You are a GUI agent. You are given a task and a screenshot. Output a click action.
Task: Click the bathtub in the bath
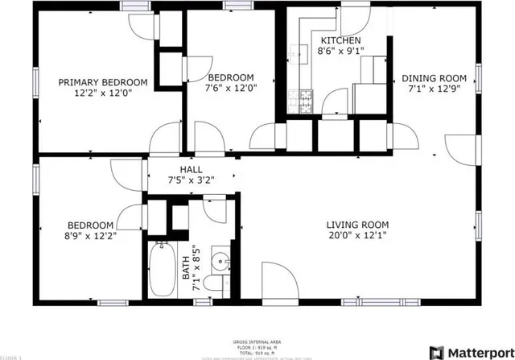[x=161, y=271]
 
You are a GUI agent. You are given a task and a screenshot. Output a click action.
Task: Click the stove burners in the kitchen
[x=306, y=101]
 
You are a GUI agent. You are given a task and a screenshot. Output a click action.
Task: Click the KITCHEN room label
[x=340, y=40]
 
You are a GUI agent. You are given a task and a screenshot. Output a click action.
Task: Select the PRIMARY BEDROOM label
[x=102, y=82]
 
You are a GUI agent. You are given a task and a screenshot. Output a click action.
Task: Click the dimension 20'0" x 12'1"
[x=357, y=237]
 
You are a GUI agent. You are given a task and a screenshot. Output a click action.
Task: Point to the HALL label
[x=191, y=169]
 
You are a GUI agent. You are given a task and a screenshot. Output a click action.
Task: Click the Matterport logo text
[x=473, y=352]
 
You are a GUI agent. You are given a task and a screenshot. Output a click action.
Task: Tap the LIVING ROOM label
[x=357, y=225]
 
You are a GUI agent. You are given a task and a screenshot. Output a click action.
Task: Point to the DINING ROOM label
[x=434, y=78]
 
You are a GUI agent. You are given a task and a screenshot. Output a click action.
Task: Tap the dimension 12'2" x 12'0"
[x=102, y=93]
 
